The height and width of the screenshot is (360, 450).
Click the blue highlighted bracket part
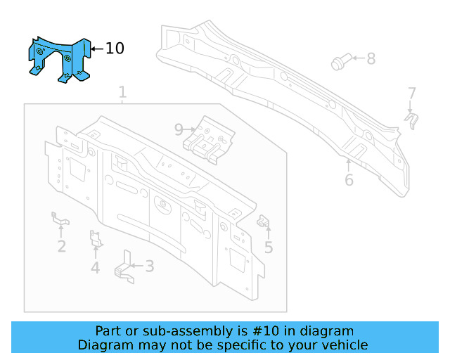tap(59, 60)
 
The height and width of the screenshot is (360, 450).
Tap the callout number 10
tap(115, 49)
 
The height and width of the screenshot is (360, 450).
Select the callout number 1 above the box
tap(122, 92)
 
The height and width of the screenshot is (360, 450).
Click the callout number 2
tap(62, 246)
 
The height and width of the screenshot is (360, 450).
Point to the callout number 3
tap(150, 266)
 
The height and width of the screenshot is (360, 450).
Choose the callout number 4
tap(95, 267)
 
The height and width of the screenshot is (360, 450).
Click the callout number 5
tap(269, 247)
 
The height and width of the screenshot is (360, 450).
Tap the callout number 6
tap(349, 180)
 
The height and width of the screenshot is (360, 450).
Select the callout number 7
tap(412, 93)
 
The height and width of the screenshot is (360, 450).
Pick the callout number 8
tap(371, 59)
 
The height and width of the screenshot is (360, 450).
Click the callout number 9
tap(179, 129)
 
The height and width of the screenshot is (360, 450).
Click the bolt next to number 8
tap(339, 63)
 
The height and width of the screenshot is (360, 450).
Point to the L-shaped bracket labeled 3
tap(124, 268)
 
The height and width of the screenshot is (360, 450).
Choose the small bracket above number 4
tap(96, 239)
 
